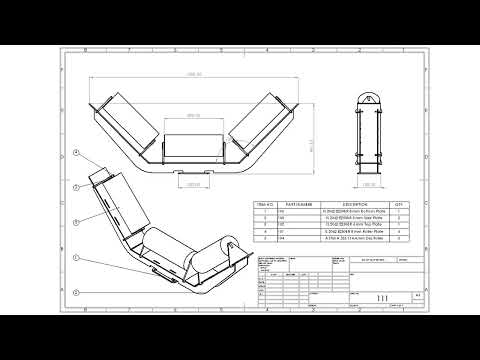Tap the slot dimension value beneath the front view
pos(192,184)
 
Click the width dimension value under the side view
pos(378,187)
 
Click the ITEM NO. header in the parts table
pos(265,202)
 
